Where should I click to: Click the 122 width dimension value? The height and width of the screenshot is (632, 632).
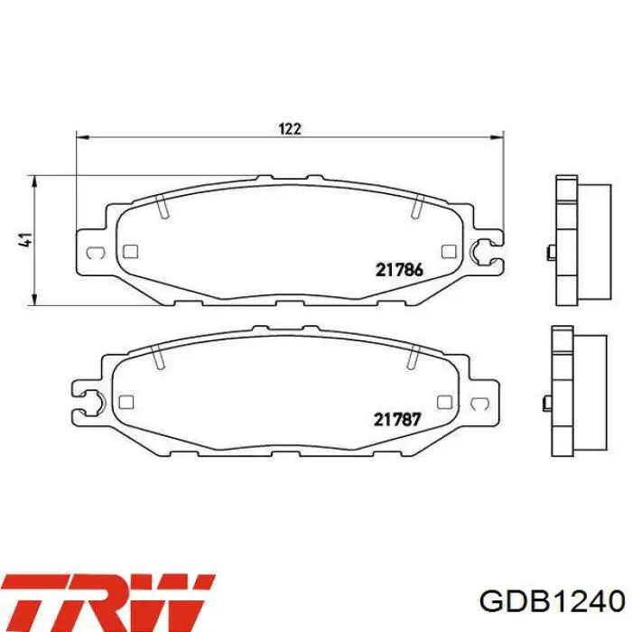290,129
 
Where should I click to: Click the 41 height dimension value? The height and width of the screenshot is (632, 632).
26,239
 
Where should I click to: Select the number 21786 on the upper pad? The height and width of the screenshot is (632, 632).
399,270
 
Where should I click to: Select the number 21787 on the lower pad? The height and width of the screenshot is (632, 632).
397,420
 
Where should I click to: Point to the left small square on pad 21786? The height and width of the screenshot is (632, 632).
130,252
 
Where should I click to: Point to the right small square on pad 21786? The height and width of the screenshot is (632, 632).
449,252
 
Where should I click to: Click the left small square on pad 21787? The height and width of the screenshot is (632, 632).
126,402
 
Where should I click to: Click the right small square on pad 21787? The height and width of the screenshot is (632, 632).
444,402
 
